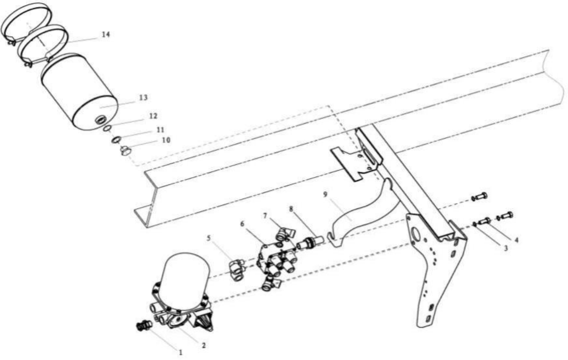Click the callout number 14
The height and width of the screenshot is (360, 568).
105,34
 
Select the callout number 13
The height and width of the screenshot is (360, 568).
143,98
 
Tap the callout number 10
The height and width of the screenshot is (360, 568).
166,140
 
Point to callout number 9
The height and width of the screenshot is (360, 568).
325,194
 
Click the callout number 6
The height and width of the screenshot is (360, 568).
242,224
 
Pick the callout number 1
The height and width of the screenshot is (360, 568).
180,352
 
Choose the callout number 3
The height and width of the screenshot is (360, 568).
505,248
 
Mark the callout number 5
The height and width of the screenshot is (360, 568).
209,238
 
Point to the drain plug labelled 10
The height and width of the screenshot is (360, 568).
125,151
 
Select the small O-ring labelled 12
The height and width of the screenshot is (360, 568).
106,129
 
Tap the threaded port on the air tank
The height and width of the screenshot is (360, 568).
99,120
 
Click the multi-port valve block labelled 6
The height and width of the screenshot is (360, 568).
276,260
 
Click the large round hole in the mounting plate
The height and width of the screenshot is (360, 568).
416,234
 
